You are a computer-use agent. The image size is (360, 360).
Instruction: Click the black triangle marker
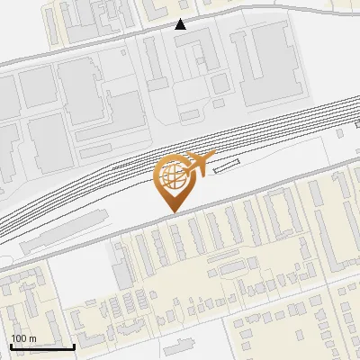(181, 24)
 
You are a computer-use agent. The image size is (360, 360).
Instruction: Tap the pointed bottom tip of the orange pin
(172, 211)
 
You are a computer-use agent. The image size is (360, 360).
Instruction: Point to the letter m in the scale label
(32, 338)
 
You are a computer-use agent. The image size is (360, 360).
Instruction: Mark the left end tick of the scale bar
(11, 346)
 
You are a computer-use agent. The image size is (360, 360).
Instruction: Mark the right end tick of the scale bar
(74, 346)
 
